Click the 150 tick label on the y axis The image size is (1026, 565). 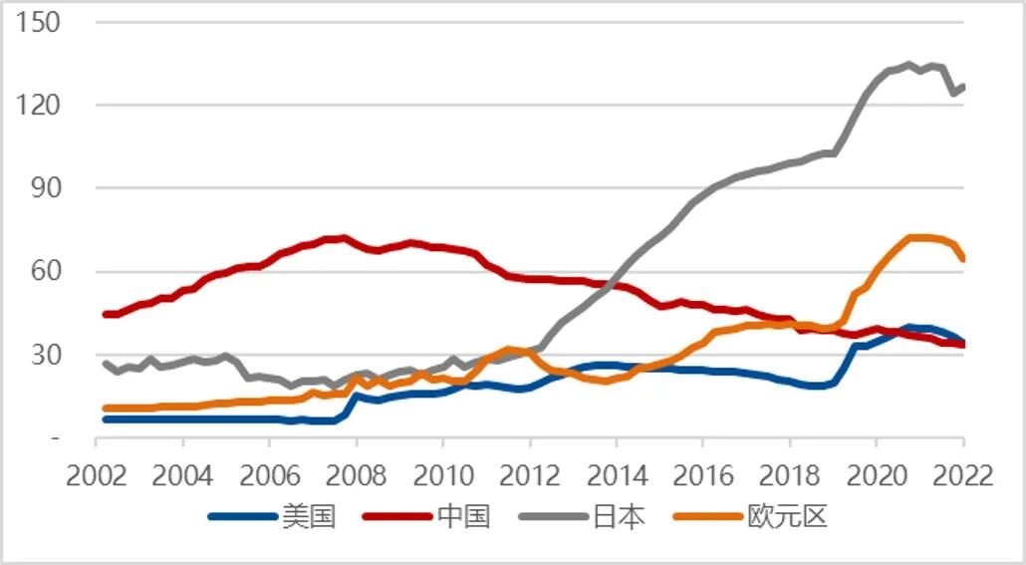tap(40, 22)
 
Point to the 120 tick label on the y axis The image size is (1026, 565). tap(40, 105)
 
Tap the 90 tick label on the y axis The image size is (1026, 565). tap(46, 188)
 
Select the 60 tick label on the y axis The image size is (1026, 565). tap(46, 271)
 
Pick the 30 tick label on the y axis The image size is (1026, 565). tap(46, 355)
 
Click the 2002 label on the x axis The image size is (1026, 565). tap(98, 475)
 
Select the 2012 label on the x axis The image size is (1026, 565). tap(530, 475)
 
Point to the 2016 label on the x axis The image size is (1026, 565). tap(703, 475)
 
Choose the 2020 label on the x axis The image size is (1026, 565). tap(877, 475)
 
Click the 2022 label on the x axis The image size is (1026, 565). tap(962, 475)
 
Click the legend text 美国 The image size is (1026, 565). tap(309, 516)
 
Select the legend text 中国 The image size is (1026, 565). tap(463, 516)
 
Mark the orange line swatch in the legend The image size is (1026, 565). tap(708, 516)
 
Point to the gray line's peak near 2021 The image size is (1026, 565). tap(907, 66)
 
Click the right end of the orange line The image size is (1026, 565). tap(962, 259)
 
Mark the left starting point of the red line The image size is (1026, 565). tap(106, 314)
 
